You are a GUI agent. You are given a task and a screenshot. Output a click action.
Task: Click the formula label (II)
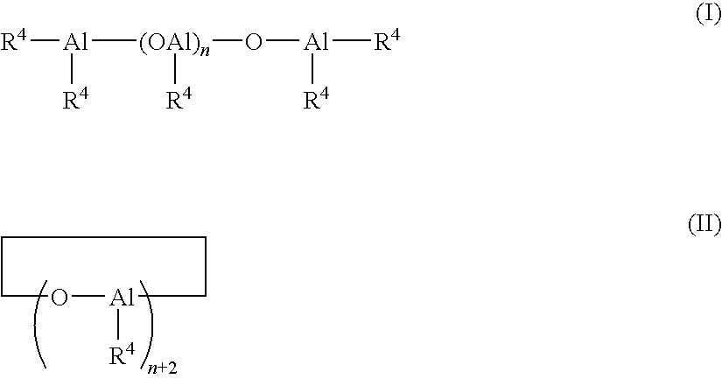click(x=703, y=227)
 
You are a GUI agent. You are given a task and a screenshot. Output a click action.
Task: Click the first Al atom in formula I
click(x=75, y=44)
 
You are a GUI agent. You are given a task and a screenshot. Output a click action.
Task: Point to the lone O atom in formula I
click(x=253, y=44)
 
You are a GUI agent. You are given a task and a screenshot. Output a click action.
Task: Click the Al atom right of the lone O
click(x=316, y=44)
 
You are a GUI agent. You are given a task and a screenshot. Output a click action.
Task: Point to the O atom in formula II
click(x=60, y=298)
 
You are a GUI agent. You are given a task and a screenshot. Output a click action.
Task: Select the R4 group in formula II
click(x=123, y=354)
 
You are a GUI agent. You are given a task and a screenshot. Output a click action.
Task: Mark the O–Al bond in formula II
click(x=88, y=298)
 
